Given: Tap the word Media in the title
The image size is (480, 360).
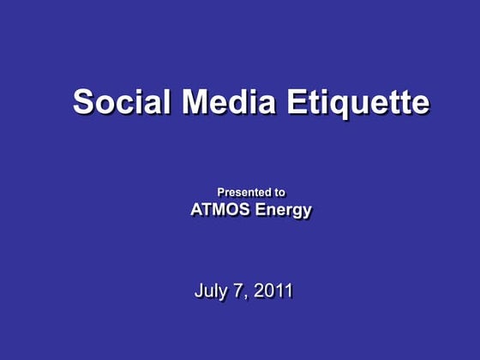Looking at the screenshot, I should coord(228,102).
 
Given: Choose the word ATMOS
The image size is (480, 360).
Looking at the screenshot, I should coord(219,210).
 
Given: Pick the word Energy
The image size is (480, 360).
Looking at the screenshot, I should coord(281,211).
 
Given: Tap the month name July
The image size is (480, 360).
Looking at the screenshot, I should coord(210,291).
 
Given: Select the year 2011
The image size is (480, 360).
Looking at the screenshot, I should coord(273,291).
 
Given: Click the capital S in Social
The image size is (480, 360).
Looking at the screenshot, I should coord(83,102).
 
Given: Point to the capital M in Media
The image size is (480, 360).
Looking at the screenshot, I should coord(196,102).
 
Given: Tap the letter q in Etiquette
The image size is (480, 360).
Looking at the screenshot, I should coord(339,105).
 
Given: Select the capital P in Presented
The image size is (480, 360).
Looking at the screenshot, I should coord(220,193).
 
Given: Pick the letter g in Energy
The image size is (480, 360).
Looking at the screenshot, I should coord(297,213).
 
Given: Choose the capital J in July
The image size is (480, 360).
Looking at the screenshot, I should coord(199,291).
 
